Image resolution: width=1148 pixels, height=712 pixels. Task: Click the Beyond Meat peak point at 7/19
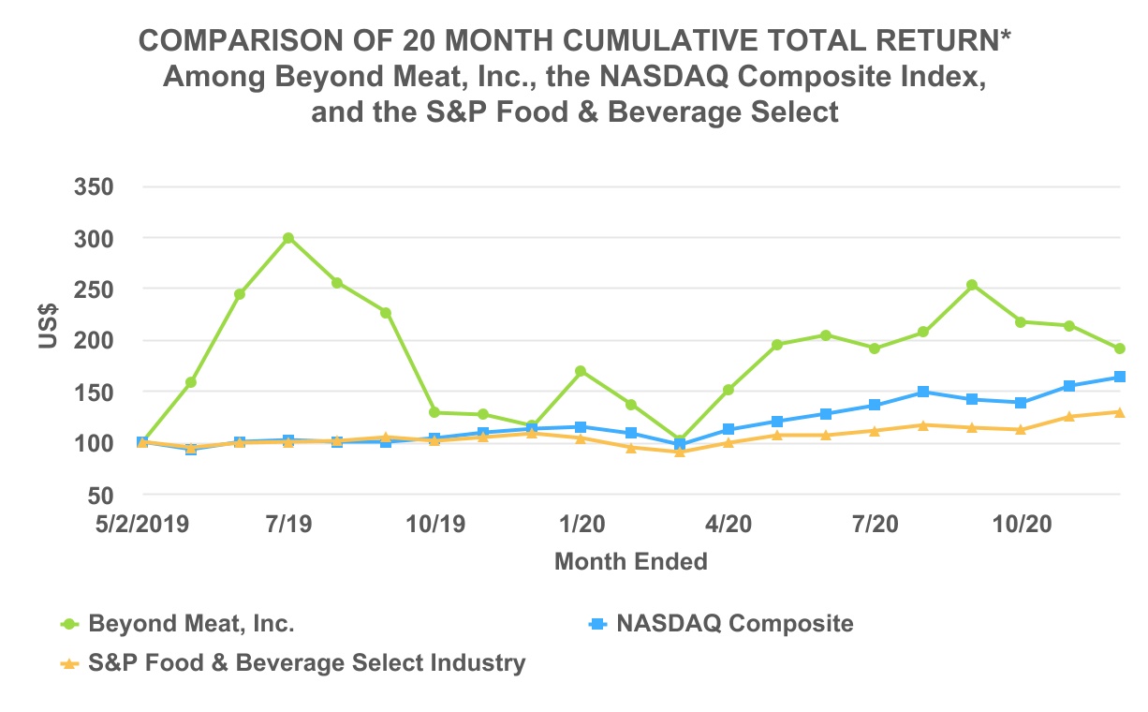click(288, 238)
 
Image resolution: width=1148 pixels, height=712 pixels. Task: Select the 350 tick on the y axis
click(95, 187)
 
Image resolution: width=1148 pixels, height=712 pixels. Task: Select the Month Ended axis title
click(630, 562)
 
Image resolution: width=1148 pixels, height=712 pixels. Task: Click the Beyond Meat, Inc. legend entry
click(192, 624)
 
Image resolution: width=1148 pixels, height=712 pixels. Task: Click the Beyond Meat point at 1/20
click(581, 371)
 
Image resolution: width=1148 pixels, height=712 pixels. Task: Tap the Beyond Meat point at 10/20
click(1020, 322)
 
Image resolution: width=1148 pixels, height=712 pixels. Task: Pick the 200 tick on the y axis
click(95, 341)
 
